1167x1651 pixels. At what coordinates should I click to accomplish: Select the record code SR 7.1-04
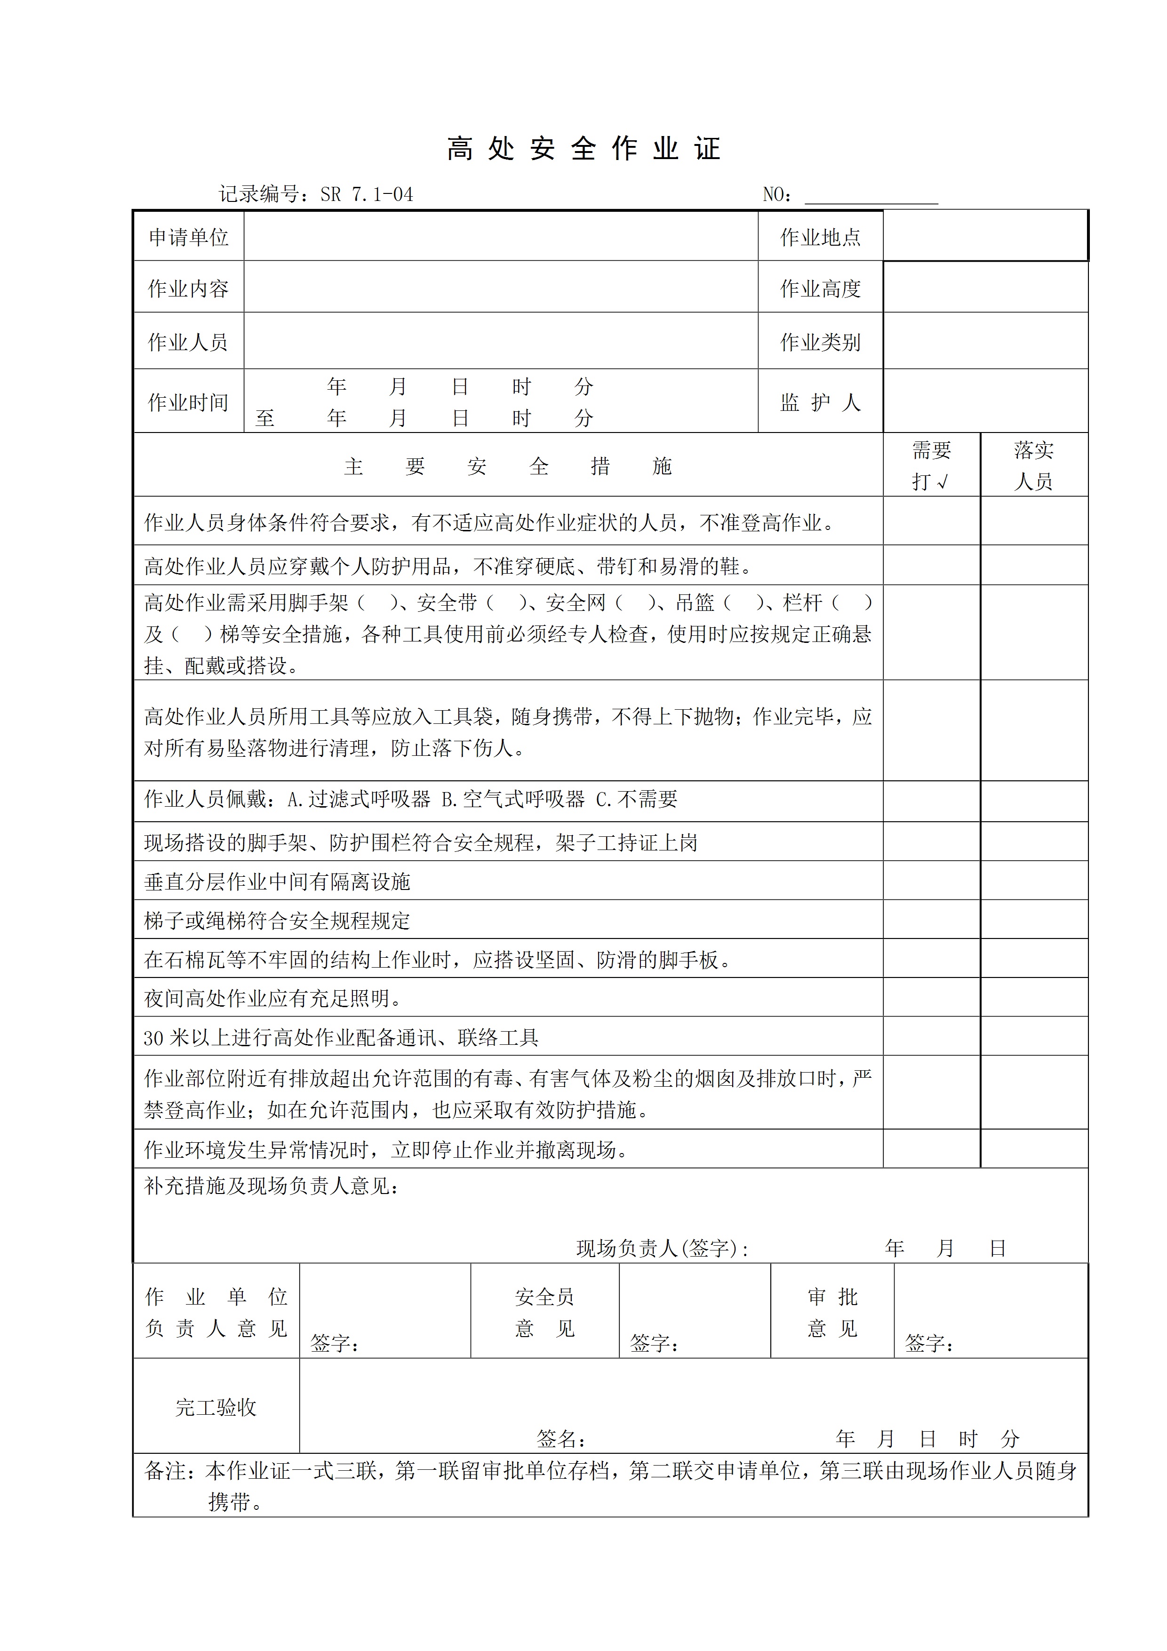pyautogui.click(x=367, y=195)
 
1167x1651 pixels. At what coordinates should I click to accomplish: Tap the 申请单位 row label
pyautogui.click(x=188, y=237)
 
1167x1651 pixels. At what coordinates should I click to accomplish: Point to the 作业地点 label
pyautogui.click(x=820, y=237)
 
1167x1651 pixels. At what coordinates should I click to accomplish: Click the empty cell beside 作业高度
pyautogui.click(x=985, y=288)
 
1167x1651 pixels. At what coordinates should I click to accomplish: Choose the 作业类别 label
pyautogui.click(x=820, y=342)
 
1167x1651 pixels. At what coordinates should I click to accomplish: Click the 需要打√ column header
pyautogui.click(x=931, y=465)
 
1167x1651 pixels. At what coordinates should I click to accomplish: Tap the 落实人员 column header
pyautogui.click(x=1033, y=465)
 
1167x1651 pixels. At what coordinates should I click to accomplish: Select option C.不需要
pyautogui.click(x=636, y=799)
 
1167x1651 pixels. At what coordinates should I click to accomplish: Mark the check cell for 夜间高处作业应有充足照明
pyautogui.click(x=931, y=997)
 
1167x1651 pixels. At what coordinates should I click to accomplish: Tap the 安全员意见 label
pyautogui.click(x=544, y=1312)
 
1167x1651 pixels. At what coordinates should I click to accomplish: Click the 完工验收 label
pyautogui.click(x=216, y=1407)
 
